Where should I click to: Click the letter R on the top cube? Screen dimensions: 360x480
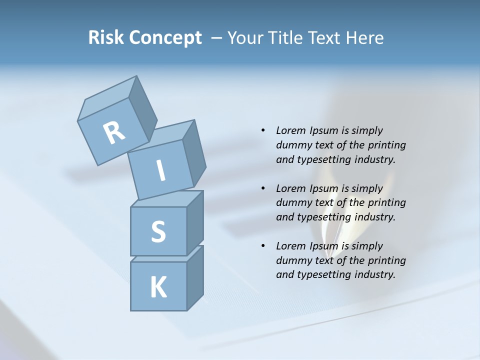[114, 133]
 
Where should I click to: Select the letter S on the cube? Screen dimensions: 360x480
[158, 231]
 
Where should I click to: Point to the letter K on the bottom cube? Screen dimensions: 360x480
[158, 287]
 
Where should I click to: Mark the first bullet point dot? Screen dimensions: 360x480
[262, 130]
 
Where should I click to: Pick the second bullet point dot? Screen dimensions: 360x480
[262, 188]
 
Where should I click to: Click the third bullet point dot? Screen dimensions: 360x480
[262, 246]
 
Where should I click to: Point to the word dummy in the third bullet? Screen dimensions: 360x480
[293, 260]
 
